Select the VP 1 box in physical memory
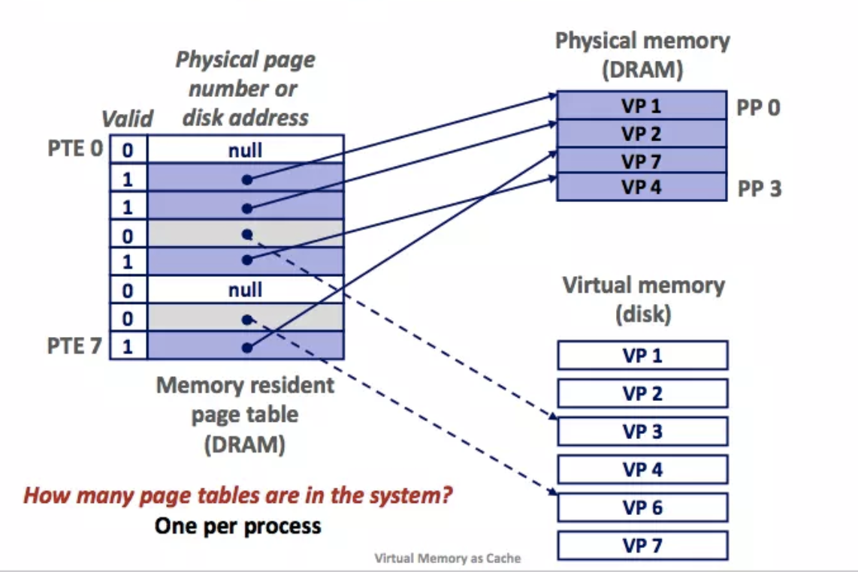(x=642, y=107)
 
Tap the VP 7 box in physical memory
(x=642, y=160)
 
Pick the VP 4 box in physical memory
(x=642, y=186)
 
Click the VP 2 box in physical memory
(x=642, y=134)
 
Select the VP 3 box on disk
(x=642, y=432)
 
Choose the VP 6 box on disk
(x=642, y=507)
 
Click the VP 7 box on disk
(x=642, y=546)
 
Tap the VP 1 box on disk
(x=642, y=355)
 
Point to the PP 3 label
(x=759, y=188)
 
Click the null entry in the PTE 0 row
(x=246, y=149)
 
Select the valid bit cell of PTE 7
(x=128, y=347)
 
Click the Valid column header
(x=127, y=119)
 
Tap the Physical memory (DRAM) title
(x=642, y=56)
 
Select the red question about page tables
(x=238, y=496)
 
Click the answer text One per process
(x=237, y=525)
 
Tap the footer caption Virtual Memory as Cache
(x=448, y=558)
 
